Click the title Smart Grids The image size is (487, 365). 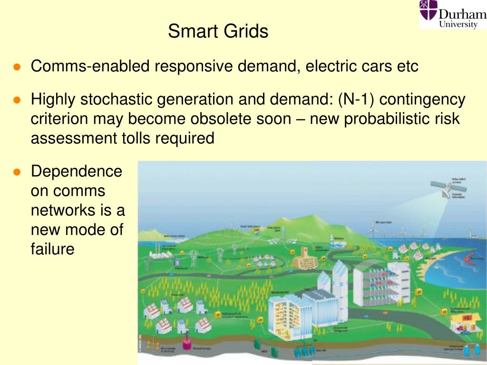218,32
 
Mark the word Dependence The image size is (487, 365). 77,171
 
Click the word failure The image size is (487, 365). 52,249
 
